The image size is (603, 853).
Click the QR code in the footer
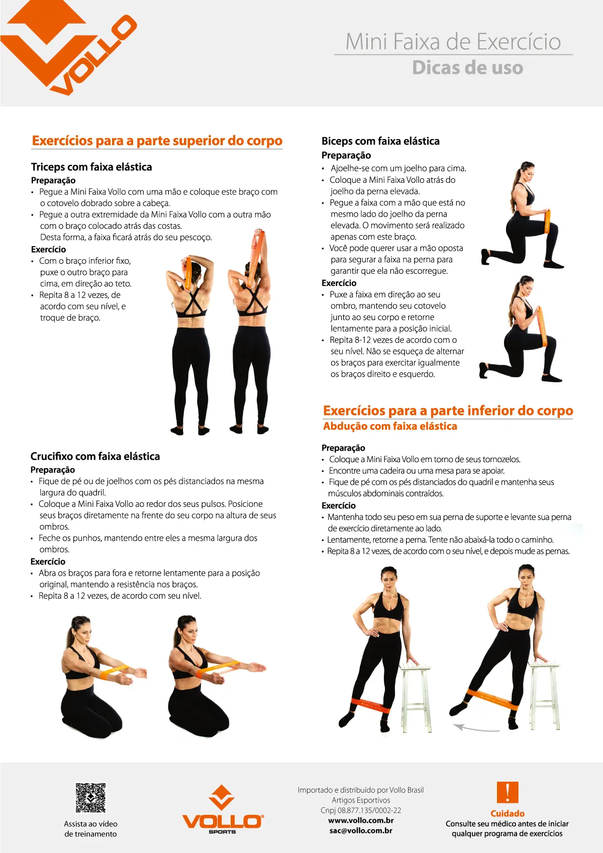tap(90, 797)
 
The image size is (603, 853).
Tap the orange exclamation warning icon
tap(507, 793)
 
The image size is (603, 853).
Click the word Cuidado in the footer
tap(507, 813)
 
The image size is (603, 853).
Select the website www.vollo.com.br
tap(361, 820)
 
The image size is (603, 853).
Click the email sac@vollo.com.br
tap(361, 830)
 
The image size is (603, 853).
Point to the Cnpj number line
tap(361, 810)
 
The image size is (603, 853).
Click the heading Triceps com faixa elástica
tap(91, 167)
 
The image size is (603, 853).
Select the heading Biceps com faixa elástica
tap(380, 141)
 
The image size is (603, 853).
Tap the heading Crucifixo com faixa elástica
tap(95, 456)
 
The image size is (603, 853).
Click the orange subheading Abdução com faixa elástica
tap(390, 426)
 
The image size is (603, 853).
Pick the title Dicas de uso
tap(467, 68)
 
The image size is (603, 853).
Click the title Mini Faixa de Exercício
tap(453, 41)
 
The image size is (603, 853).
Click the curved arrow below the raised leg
tap(475, 728)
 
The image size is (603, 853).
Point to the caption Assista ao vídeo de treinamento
tap(90, 829)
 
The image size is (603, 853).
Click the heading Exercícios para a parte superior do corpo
tap(157, 141)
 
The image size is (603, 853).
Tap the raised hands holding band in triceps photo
tap(258, 235)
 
